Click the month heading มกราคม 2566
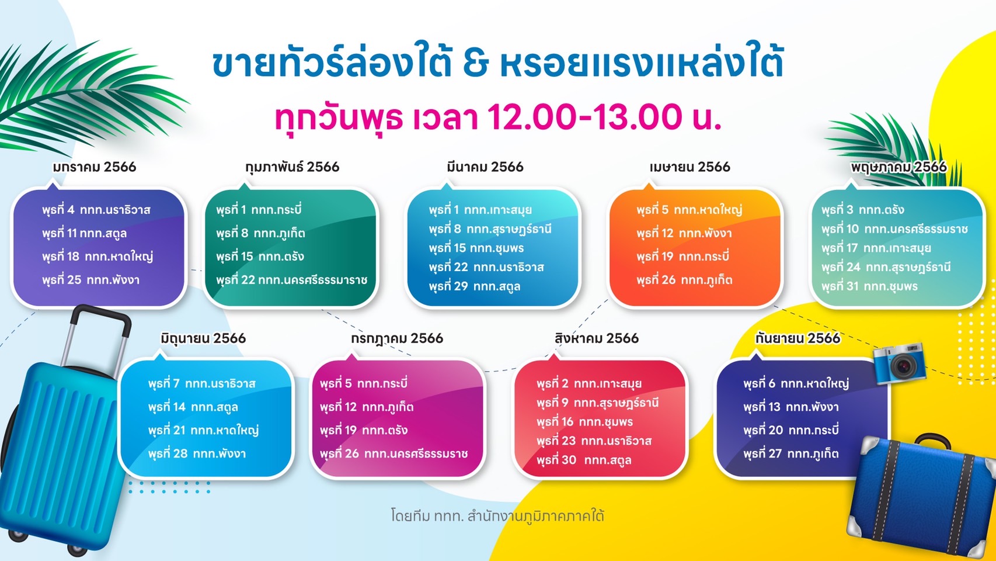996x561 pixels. tap(94, 167)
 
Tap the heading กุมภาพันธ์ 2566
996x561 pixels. tap(292, 167)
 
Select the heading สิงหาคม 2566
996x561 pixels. tap(596, 338)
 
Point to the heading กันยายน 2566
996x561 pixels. tap(798, 338)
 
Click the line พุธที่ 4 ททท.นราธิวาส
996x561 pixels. tap(96, 210)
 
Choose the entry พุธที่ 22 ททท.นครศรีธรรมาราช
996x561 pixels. tap(292, 280)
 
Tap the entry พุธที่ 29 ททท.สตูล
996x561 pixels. tap(475, 286)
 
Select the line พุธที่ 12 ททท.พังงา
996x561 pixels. tap(684, 233)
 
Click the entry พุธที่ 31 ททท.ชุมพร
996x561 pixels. tap(869, 286)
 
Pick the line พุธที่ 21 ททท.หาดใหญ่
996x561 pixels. tap(203, 431)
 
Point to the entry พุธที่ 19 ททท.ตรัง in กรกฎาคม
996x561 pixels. tap(363, 431)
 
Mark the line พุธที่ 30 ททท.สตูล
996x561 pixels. tap(583, 460)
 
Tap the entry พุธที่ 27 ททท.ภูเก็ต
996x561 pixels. tap(790, 453)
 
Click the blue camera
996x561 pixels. tap(899, 363)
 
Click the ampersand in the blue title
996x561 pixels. tap(476, 65)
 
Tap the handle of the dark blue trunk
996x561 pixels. tap(933, 441)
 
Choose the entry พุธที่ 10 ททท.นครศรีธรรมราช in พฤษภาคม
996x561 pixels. tap(894, 229)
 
